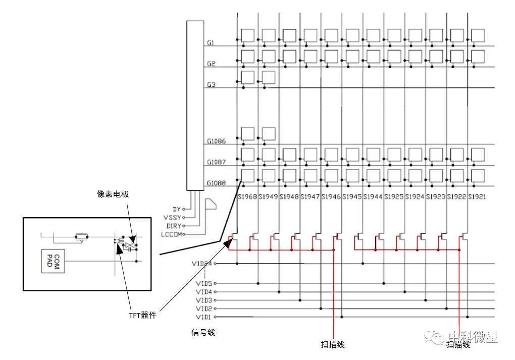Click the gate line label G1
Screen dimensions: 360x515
210,43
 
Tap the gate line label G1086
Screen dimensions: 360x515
216,141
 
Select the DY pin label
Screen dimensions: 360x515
176,209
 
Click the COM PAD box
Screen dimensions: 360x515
54,261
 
